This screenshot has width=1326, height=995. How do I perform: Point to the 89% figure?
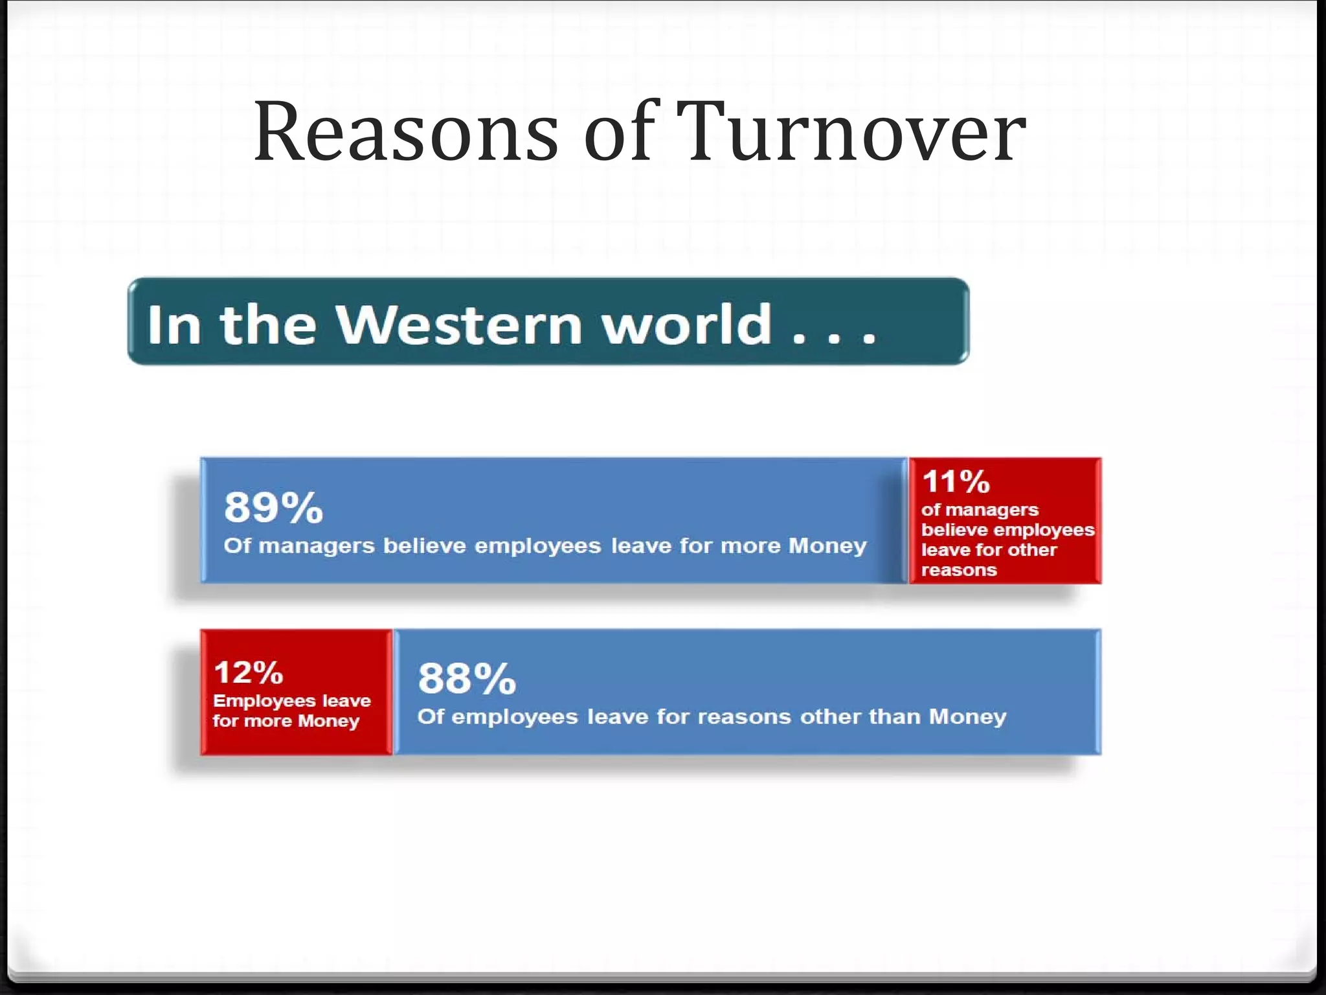273,507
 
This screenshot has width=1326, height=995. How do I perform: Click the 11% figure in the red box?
956,481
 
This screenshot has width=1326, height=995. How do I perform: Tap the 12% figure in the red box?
248,672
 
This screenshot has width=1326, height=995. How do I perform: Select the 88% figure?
467,679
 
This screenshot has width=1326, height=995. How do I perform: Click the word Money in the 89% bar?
827,546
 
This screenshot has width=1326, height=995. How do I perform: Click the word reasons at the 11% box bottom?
958,570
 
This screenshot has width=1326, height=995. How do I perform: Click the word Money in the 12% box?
328,722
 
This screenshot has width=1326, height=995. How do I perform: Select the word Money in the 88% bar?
967,716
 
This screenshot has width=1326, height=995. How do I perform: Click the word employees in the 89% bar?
537,546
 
